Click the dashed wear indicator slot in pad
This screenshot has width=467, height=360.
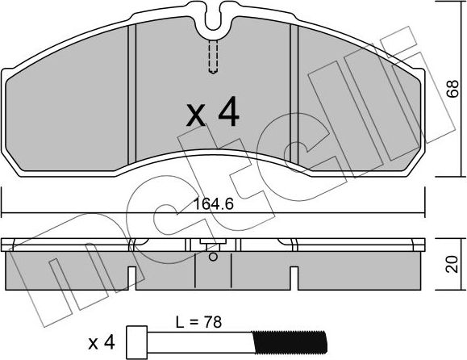pyautogui.click(x=213, y=57)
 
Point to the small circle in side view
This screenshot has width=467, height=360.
pyautogui.click(x=212, y=257)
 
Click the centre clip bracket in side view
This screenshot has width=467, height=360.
pyautogui.click(x=212, y=245)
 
